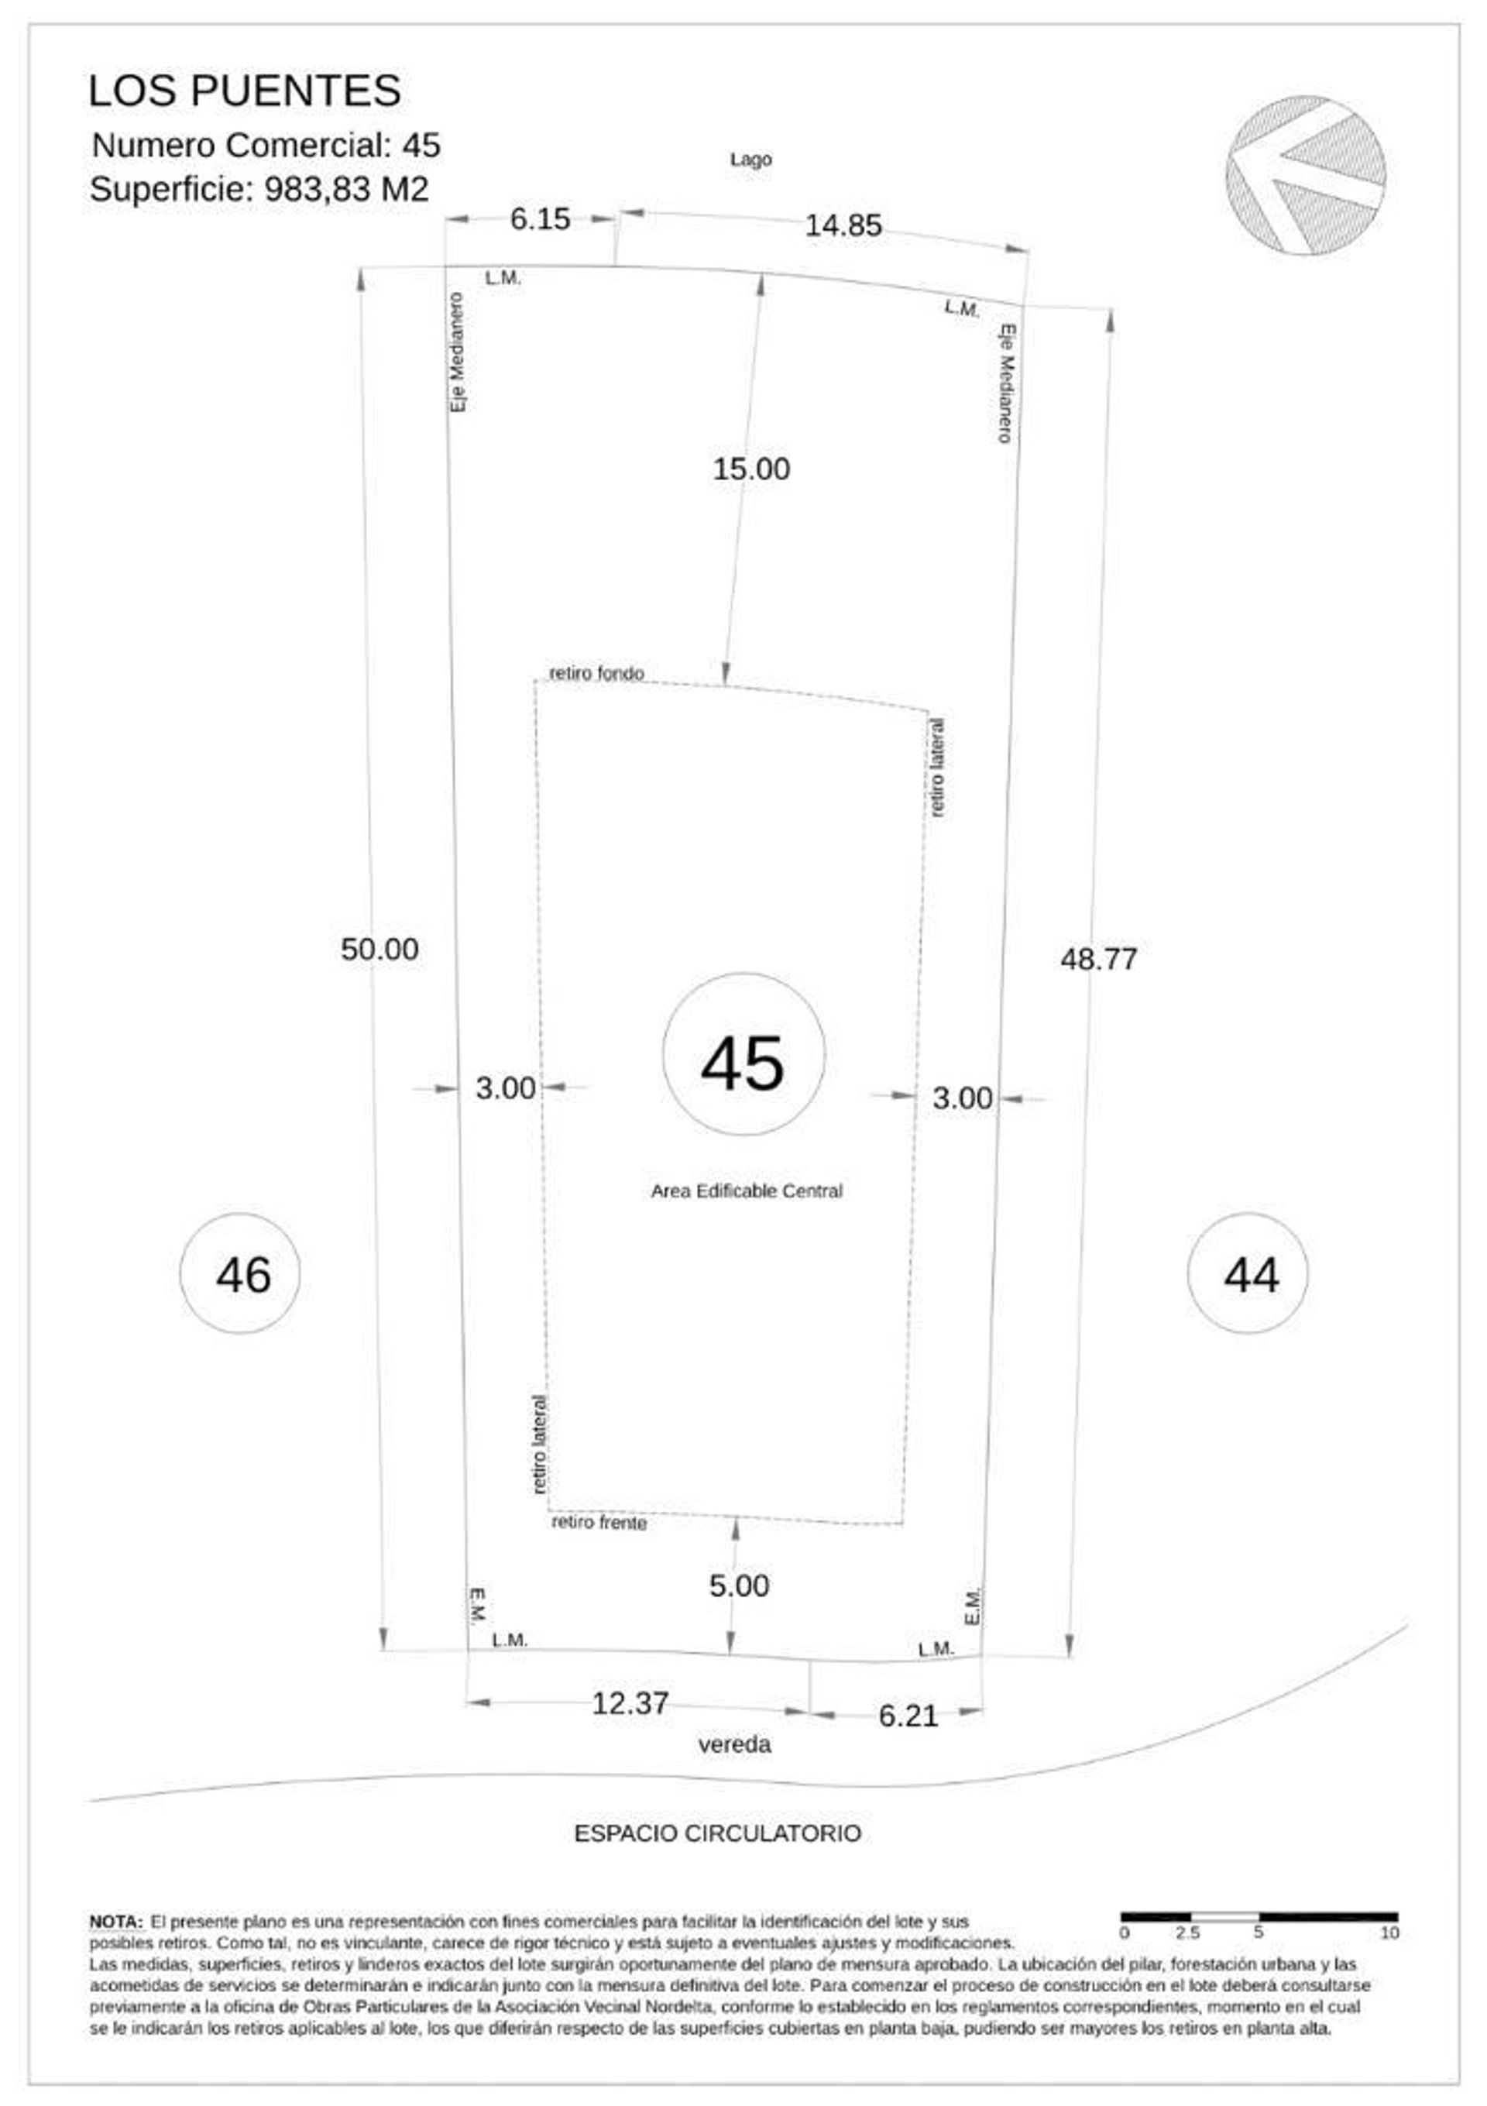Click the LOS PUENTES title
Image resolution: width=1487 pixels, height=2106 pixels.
[244, 91]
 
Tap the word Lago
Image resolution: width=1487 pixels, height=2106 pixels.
[750, 160]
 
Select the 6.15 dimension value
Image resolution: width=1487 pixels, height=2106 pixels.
[541, 219]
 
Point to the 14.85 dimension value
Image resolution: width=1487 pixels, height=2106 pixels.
[843, 225]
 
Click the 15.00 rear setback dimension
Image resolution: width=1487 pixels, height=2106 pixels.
[751, 469]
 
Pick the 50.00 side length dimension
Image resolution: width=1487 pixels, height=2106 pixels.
[379, 950]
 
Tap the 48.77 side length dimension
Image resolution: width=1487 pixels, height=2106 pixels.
[1099, 960]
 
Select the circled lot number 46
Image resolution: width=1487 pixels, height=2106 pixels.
[239, 1274]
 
